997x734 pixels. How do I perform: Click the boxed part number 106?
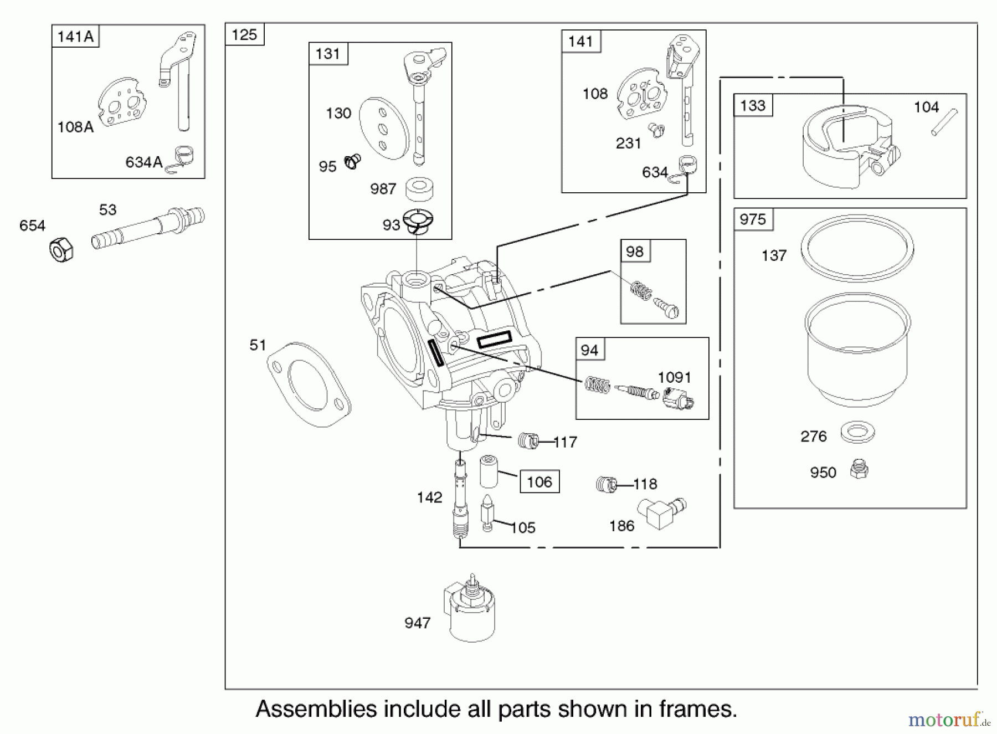point(539,482)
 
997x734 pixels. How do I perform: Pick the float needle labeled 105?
point(487,512)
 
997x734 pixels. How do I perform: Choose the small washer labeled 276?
point(857,432)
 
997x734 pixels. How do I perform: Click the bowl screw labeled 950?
point(859,469)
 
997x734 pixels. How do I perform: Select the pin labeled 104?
point(944,121)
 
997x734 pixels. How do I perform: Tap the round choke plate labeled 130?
point(384,129)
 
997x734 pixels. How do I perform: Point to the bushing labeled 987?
point(419,188)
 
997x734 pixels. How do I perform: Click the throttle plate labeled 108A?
point(122,102)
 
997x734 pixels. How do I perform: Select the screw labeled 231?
point(657,130)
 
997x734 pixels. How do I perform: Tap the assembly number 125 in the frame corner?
point(244,35)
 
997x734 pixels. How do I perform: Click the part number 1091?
point(674,378)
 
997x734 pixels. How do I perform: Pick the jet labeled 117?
point(528,441)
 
